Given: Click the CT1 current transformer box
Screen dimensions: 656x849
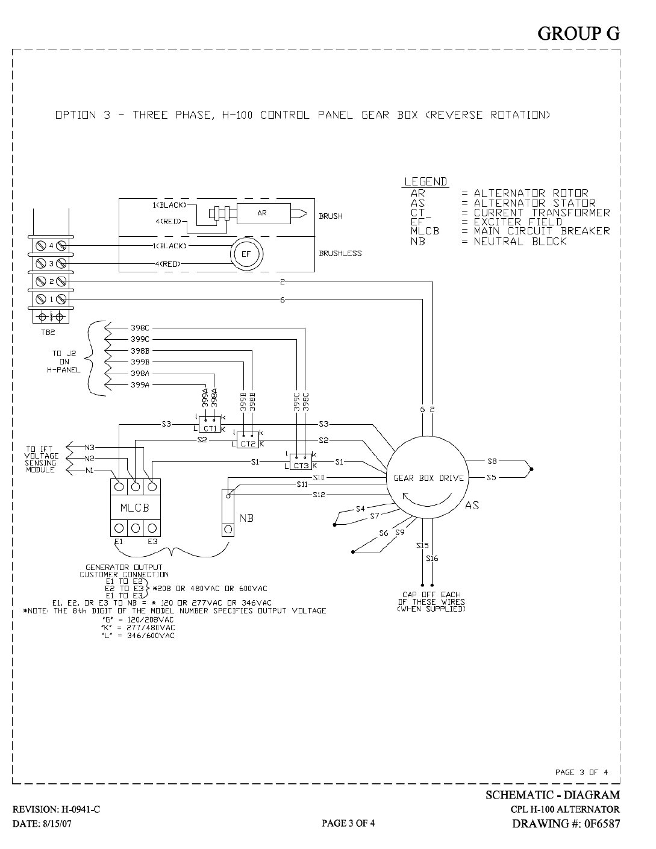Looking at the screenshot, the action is click(210, 424).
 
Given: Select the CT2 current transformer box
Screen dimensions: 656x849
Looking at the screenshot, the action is click(248, 440).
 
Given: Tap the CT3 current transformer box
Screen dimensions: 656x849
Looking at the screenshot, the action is click(301, 462).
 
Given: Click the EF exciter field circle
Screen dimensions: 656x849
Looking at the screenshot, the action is click(246, 254).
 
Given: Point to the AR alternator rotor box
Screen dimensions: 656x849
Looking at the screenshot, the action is click(264, 213).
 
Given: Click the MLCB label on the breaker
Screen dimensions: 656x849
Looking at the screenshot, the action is click(135, 507).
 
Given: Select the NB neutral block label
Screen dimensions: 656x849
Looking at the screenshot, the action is click(246, 518).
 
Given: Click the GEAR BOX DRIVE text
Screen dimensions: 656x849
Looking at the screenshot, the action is click(428, 478).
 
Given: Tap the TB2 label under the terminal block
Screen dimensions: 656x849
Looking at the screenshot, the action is click(48, 333).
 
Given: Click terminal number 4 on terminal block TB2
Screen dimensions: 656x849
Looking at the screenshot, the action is click(51, 246).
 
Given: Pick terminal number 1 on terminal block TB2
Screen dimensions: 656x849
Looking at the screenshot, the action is click(51, 299).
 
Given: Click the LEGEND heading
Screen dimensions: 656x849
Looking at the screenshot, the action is click(426, 182).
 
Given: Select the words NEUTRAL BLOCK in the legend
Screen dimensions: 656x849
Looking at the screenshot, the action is click(520, 242).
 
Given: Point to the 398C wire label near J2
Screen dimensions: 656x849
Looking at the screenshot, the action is click(140, 328).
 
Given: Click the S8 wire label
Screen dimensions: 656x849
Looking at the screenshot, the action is click(492, 462).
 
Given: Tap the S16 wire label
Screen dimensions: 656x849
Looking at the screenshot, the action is click(432, 559).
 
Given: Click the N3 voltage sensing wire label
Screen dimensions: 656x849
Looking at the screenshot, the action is click(89, 447).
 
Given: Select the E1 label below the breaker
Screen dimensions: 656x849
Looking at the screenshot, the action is click(118, 542).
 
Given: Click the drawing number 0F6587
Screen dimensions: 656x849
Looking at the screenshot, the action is click(602, 824).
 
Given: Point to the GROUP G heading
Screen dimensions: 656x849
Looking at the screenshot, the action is click(579, 34).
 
